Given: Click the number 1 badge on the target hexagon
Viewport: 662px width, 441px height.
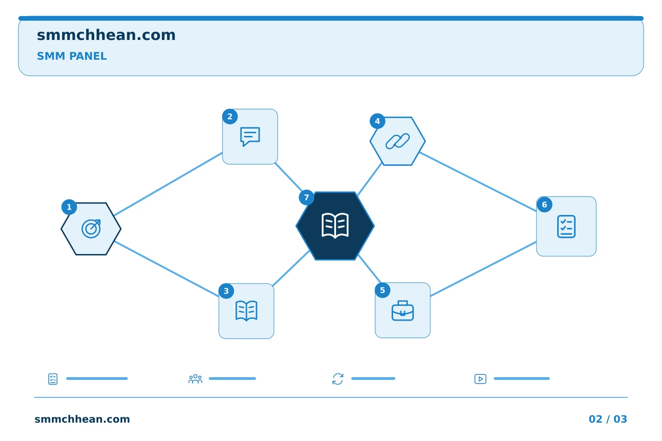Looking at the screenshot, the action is tap(69, 207).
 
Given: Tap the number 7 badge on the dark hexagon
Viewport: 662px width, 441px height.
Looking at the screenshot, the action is tap(307, 198).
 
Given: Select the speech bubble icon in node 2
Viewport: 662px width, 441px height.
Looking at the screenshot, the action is tap(250, 136).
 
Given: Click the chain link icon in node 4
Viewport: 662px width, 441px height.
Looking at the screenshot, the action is tap(398, 141).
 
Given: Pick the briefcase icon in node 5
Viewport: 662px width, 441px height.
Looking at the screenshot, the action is tap(403, 311).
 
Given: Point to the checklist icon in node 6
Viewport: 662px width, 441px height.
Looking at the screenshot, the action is tap(566, 226).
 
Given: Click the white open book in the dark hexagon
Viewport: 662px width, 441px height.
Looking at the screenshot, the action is tap(335, 226).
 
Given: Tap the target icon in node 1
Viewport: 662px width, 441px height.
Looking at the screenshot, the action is tap(91, 229).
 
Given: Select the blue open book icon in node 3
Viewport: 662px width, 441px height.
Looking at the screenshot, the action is tap(246, 311).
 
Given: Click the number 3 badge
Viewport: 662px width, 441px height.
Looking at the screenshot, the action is tap(226, 291).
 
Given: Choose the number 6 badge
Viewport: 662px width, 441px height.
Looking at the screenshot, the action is tap(544, 205).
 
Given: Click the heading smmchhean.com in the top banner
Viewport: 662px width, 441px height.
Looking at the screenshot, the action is tap(106, 35).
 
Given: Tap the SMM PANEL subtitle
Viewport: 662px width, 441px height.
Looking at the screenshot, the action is tap(72, 56).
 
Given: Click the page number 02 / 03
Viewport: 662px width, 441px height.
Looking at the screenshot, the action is tap(608, 419).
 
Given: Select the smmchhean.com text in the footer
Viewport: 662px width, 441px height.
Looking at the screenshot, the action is tap(82, 419).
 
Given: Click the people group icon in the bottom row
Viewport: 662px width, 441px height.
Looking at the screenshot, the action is tap(195, 379).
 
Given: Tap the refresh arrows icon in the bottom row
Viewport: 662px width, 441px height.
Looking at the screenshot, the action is tap(338, 379).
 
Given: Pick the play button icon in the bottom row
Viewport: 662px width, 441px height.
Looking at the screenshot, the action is tap(480, 379).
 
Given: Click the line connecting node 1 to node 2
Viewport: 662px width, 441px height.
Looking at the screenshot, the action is tap(168, 184).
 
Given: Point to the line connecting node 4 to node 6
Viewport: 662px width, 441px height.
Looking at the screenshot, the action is tap(478, 181).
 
